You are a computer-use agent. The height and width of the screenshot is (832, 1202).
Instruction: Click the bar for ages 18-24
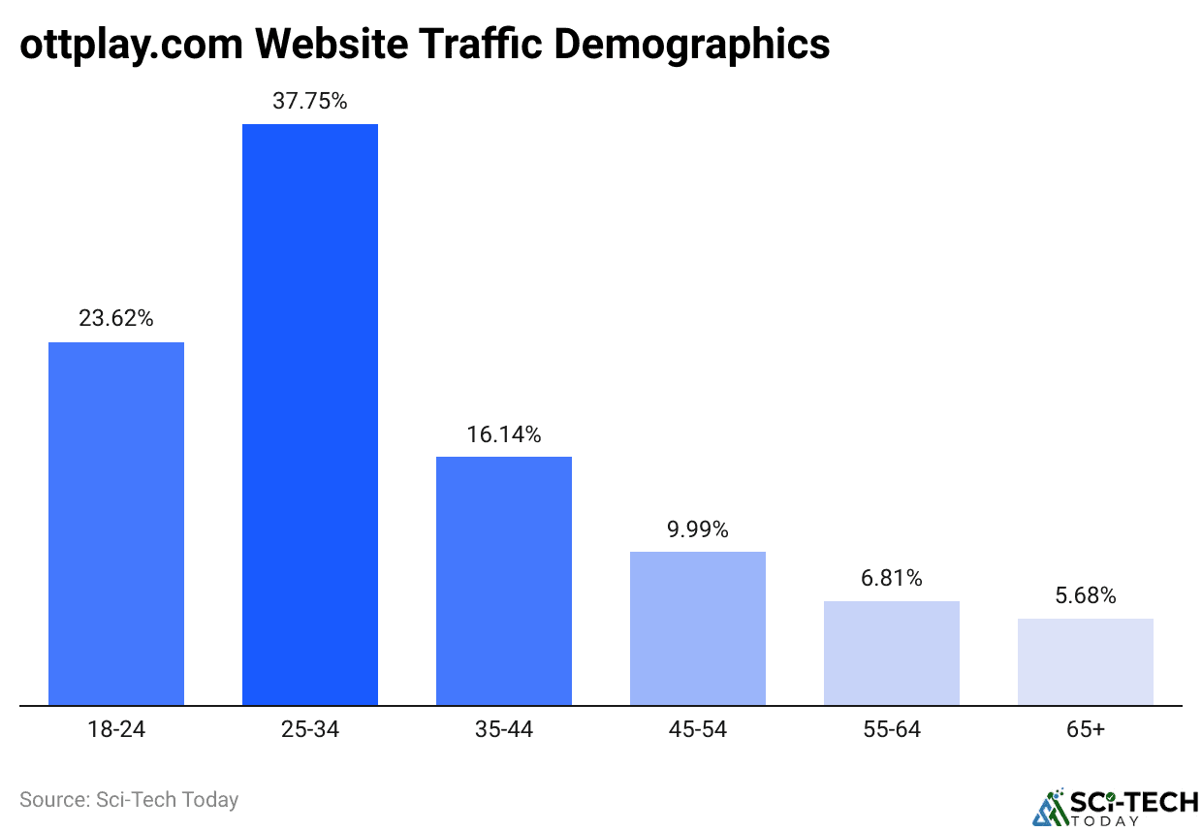click(116, 524)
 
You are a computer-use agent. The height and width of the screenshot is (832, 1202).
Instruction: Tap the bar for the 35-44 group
click(504, 581)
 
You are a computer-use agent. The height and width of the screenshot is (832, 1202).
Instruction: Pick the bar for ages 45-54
click(698, 628)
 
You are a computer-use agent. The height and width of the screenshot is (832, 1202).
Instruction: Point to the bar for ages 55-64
click(892, 653)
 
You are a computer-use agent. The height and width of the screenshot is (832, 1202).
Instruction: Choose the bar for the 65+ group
click(1086, 661)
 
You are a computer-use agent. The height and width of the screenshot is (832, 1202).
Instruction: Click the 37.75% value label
click(310, 101)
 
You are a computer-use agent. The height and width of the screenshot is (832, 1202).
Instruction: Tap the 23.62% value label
click(116, 318)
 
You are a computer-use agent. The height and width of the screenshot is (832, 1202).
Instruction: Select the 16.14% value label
click(504, 433)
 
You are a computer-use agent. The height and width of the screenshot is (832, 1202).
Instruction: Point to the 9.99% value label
click(698, 529)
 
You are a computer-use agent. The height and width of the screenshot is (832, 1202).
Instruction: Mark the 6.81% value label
click(892, 579)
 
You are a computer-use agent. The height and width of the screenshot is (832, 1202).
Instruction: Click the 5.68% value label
click(1086, 595)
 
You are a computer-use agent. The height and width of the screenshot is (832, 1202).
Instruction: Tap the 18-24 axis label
click(116, 729)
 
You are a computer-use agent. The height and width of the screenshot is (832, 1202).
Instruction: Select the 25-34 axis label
click(310, 729)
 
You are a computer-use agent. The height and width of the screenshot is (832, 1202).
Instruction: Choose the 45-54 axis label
click(698, 729)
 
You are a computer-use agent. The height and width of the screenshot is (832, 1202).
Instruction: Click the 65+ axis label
click(1086, 729)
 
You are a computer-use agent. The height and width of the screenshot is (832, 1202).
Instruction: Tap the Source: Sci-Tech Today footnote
click(129, 800)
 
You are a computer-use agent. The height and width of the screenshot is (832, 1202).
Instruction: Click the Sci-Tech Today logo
click(1115, 807)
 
